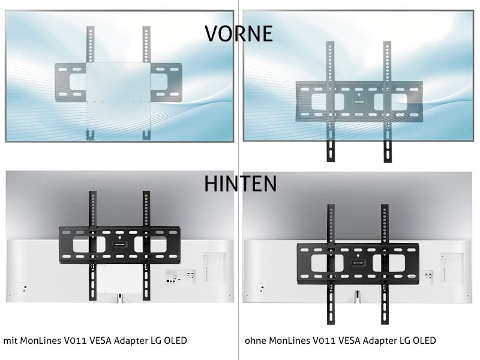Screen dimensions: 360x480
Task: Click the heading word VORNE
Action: point(239,33)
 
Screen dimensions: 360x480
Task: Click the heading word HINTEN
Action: point(240,184)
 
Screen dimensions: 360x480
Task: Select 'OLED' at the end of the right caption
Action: point(423,341)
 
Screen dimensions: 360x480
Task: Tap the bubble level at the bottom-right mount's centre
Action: point(358,262)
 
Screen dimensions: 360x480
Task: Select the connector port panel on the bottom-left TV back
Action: point(179,275)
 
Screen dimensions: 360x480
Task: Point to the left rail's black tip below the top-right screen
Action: point(330,152)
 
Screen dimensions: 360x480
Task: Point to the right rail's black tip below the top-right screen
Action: point(387,152)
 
